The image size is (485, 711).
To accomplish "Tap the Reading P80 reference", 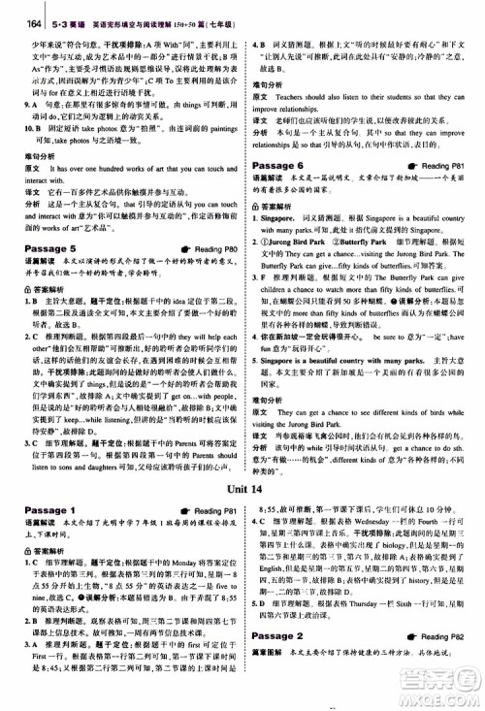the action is point(208,249).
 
